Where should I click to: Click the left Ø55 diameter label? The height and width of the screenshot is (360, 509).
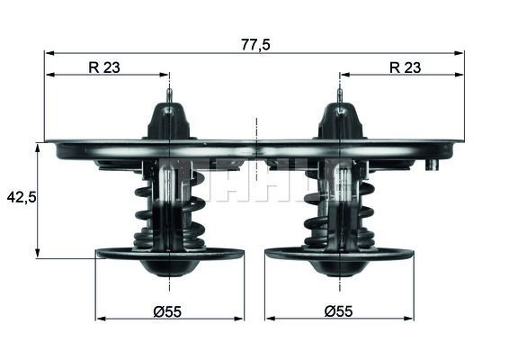168,310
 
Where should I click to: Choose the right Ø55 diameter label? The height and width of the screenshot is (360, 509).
338,310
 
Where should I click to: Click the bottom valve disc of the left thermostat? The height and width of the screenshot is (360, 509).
169,255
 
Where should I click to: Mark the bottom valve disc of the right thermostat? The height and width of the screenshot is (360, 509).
339,255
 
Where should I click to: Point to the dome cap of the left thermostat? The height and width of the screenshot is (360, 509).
170,121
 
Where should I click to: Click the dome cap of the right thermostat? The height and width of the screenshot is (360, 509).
339,121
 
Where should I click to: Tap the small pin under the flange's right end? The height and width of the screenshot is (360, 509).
433,165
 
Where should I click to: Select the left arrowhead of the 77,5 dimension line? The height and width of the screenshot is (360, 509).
49,52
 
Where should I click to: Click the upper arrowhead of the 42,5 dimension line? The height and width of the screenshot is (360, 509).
38,146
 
